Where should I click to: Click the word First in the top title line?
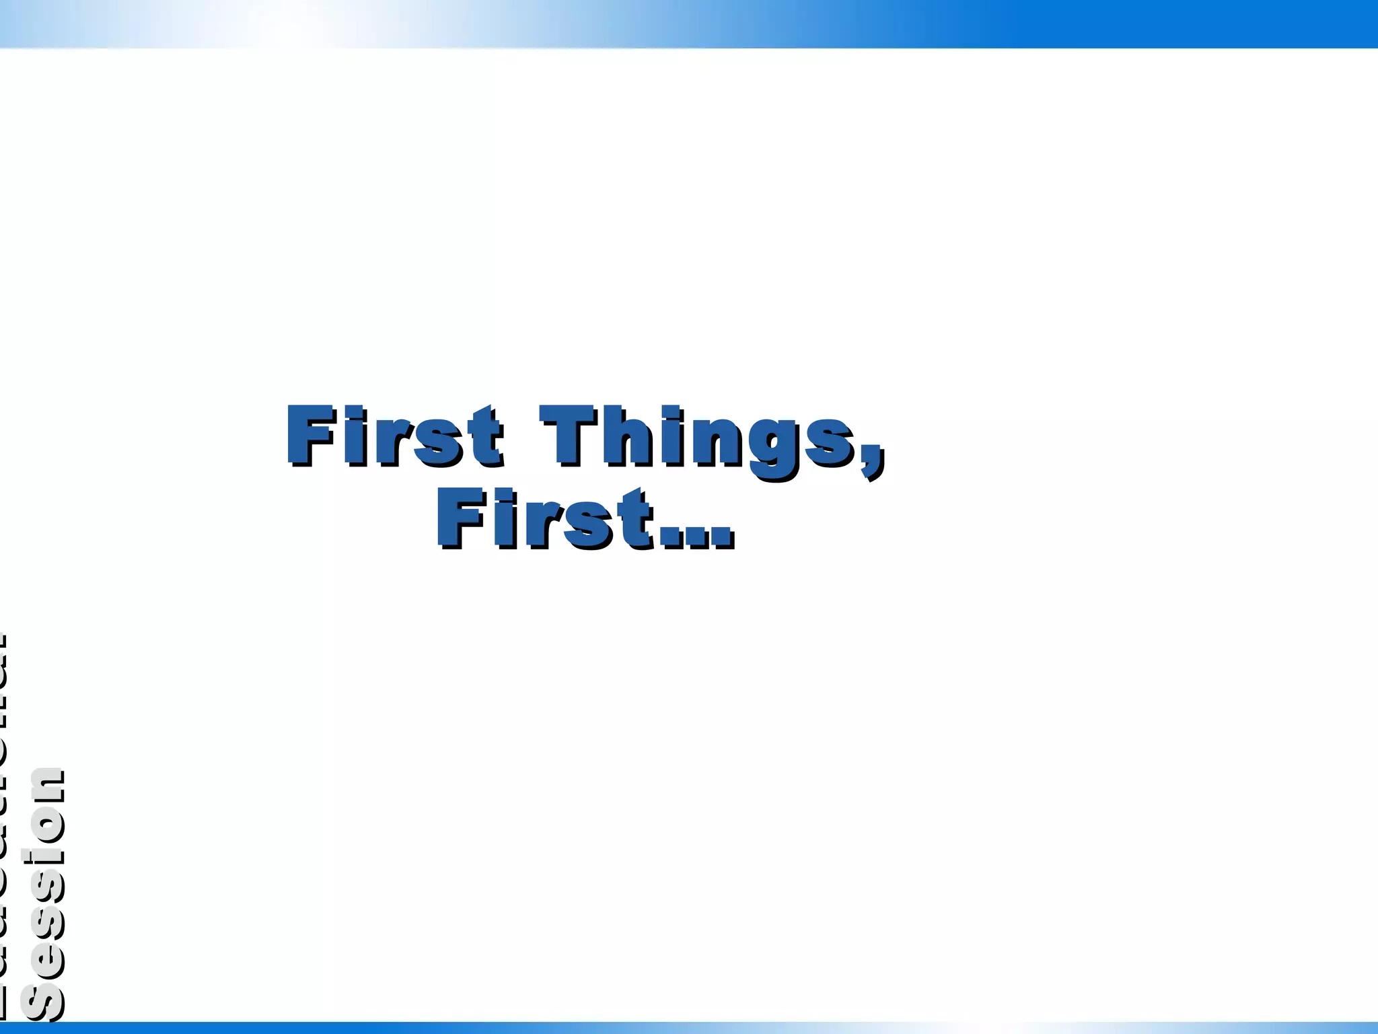click(394, 436)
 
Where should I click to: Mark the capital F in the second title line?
click(460, 518)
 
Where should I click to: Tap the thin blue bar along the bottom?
click(689, 1028)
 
